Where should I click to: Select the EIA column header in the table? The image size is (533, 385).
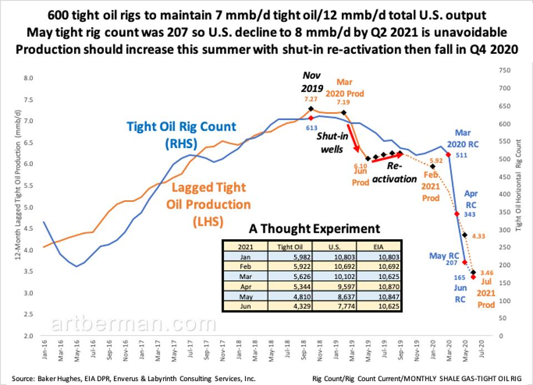378,246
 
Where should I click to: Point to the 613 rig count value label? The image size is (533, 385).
312,127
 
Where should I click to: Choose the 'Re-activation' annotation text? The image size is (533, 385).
401,173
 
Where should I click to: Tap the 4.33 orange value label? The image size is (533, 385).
479,236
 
